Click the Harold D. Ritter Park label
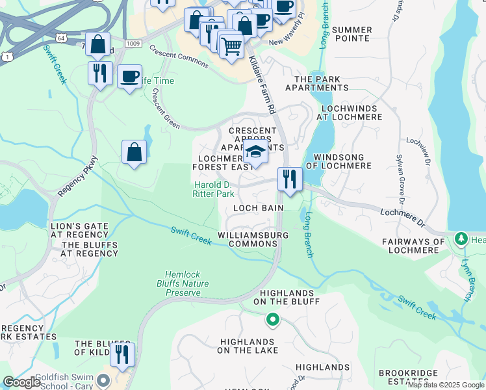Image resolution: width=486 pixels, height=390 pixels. pos(214,189)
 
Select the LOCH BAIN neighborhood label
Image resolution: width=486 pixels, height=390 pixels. pos(258,208)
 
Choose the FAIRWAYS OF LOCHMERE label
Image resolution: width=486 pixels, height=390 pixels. pos(413,246)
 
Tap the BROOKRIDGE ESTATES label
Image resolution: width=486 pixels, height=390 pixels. pos(411,379)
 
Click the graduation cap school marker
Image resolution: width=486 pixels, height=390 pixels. pos(256,153)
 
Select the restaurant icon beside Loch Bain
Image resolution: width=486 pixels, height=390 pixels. pos(289,178)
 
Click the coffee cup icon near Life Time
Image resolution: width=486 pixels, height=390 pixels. pos(129,76)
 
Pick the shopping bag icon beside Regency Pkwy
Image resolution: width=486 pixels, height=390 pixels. pos(134,152)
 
